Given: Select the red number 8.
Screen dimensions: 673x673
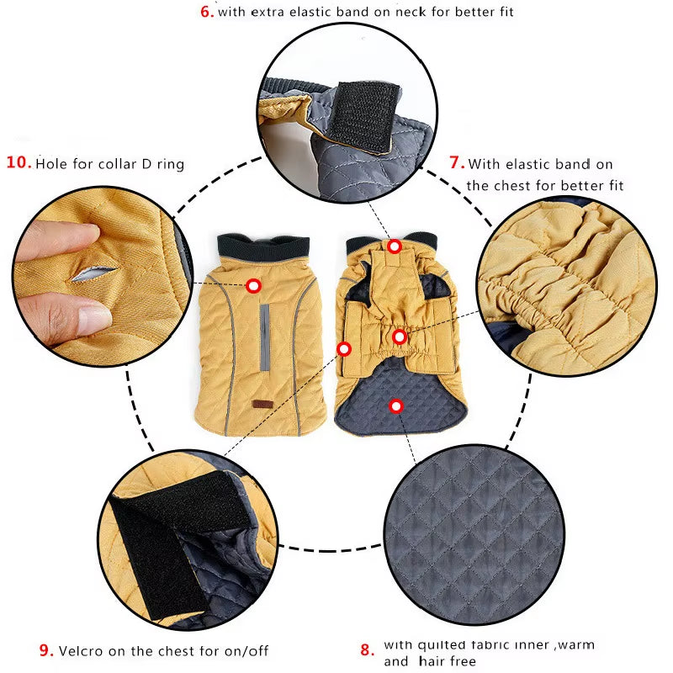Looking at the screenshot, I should (366, 649).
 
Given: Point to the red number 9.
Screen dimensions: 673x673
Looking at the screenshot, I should (47, 649).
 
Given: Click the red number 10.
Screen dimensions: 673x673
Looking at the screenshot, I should (19, 162).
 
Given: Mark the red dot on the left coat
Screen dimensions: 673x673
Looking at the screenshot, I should (253, 286).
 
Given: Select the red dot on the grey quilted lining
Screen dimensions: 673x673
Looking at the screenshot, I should (396, 406).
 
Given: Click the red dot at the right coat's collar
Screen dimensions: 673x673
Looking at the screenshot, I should (395, 246).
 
